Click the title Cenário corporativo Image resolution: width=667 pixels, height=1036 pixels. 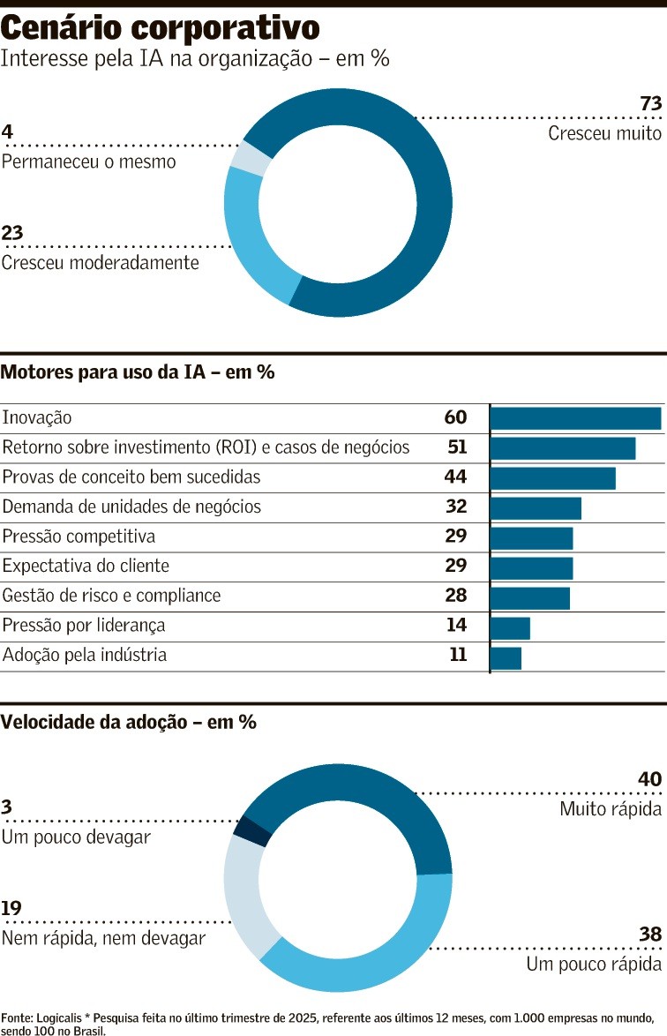160,28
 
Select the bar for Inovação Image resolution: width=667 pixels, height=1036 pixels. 575,418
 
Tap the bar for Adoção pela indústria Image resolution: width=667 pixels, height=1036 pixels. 506,658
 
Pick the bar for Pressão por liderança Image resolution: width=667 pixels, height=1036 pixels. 510,628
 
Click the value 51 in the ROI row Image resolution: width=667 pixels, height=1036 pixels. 457,447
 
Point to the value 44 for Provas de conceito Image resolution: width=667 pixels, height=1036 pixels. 455,477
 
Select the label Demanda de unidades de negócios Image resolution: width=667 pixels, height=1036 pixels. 131,507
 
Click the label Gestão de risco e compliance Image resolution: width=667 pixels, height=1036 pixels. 111,597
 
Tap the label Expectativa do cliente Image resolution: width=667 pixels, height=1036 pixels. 86,567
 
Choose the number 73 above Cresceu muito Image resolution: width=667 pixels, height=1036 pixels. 650,104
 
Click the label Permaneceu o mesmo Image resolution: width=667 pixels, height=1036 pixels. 88,162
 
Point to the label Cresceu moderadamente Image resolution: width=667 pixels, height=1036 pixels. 100,263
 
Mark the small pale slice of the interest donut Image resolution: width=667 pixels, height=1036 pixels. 251,158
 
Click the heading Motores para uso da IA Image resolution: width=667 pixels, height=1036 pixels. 138,372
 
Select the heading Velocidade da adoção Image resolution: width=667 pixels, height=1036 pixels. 128,723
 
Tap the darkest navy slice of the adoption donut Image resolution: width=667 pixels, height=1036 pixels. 251,831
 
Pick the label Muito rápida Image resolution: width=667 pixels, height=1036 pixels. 611,809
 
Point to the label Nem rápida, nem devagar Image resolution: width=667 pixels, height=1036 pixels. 103,939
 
